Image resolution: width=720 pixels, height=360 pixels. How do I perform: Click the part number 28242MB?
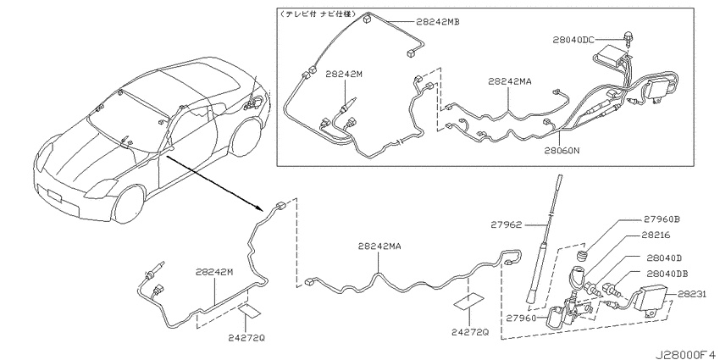click(438, 21)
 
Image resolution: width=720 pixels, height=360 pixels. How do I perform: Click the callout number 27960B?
click(662, 219)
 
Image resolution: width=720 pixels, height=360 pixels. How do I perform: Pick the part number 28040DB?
click(667, 274)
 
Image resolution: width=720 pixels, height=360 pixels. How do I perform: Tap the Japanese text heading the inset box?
click(317, 14)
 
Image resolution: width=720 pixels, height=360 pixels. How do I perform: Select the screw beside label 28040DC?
click(627, 37)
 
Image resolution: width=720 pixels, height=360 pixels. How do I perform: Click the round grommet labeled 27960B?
click(582, 255)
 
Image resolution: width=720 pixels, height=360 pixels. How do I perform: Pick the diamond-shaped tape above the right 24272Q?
click(468, 302)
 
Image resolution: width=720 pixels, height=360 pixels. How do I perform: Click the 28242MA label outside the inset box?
click(380, 246)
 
